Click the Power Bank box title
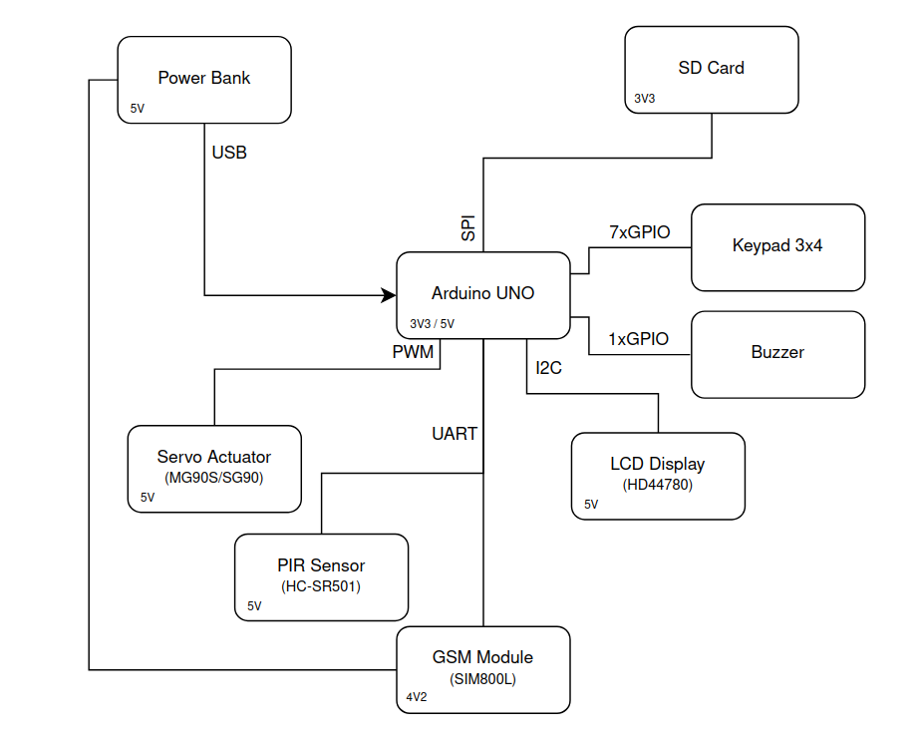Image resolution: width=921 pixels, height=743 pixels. pyautogui.click(x=204, y=78)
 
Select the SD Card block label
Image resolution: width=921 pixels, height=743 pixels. pyautogui.click(x=711, y=68)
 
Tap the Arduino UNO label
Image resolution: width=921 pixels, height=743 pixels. pyautogui.click(x=482, y=293)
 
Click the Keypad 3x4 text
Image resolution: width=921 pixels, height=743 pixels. pyautogui.click(x=777, y=245)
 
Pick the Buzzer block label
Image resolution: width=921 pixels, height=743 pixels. pyautogui.click(x=777, y=352)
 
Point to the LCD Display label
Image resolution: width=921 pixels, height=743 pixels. pyautogui.click(x=657, y=464)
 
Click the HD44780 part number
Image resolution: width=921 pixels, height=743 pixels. pyautogui.click(x=657, y=485)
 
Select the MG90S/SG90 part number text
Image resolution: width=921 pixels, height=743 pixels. pyautogui.click(x=214, y=477)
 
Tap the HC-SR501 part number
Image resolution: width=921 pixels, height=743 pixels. pyautogui.click(x=321, y=586)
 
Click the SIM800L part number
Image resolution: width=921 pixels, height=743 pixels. pyautogui.click(x=482, y=678)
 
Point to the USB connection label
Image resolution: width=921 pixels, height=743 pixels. pyautogui.click(x=229, y=153)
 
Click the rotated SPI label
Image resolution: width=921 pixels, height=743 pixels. pyautogui.click(x=468, y=228)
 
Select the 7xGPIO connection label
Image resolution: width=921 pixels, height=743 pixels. pyautogui.click(x=640, y=232)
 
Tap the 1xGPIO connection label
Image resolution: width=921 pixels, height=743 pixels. pyautogui.click(x=638, y=339)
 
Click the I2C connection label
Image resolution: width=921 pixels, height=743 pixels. pyautogui.click(x=548, y=368)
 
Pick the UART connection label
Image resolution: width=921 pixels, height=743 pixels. pyautogui.click(x=454, y=434)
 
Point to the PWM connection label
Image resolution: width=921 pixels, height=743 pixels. pyautogui.click(x=413, y=351)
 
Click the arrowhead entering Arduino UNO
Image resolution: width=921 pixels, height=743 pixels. pyautogui.click(x=389, y=295)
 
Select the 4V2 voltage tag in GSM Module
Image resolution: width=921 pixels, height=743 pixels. pyautogui.click(x=417, y=697)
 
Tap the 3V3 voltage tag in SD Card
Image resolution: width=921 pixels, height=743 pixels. pyautogui.click(x=645, y=99)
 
